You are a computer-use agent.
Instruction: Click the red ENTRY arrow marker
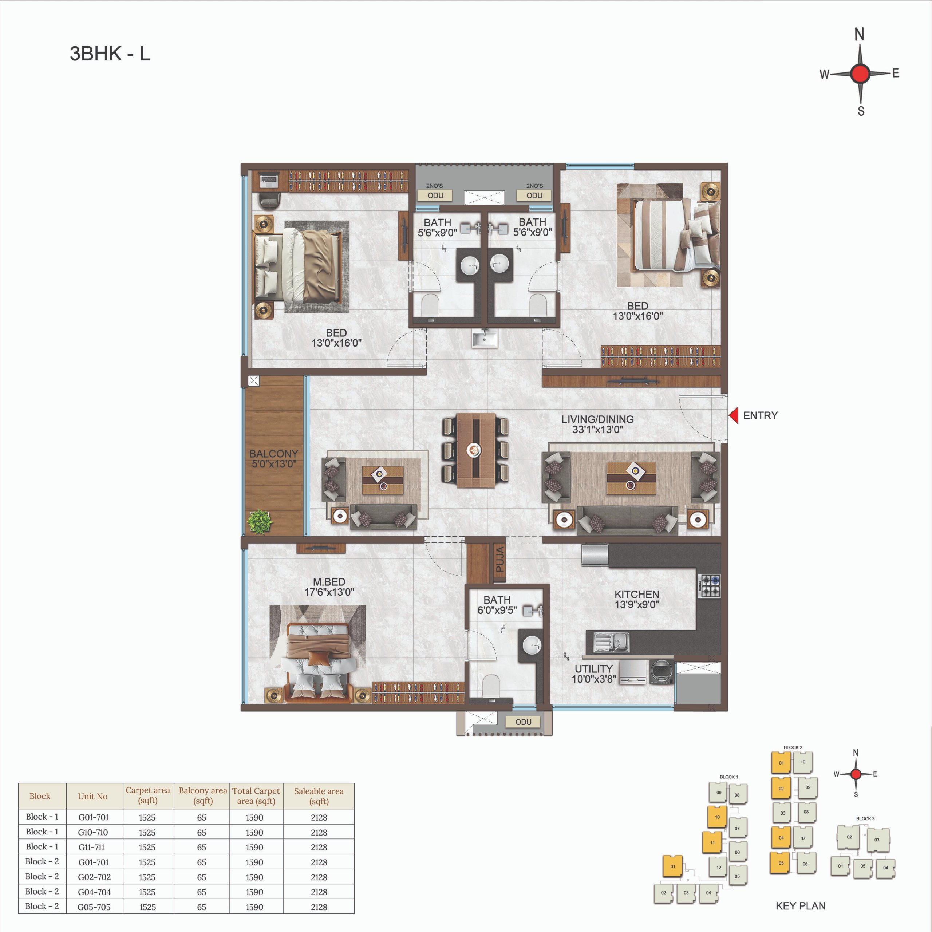pyautogui.click(x=734, y=415)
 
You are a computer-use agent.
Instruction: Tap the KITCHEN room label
pyautogui.click(x=637, y=594)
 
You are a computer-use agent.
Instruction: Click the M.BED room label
pyautogui.click(x=329, y=582)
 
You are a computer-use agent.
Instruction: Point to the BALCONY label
pyautogui.click(x=273, y=454)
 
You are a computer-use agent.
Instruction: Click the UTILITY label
pyautogui.click(x=593, y=669)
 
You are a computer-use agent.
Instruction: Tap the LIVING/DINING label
pyautogui.click(x=598, y=419)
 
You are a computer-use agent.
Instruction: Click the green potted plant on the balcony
pyautogui.click(x=260, y=521)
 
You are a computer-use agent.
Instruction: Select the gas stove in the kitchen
pyautogui.click(x=709, y=586)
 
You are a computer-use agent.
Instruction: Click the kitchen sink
pyautogui.click(x=611, y=641)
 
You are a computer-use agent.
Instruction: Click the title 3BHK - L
pyautogui.click(x=110, y=54)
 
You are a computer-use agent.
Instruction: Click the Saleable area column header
pyautogui.click(x=319, y=796)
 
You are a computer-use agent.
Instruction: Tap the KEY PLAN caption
pyautogui.click(x=800, y=906)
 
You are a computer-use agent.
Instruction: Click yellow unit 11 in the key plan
pyautogui.click(x=712, y=843)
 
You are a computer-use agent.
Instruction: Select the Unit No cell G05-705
pyautogui.click(x=94, y=907)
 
